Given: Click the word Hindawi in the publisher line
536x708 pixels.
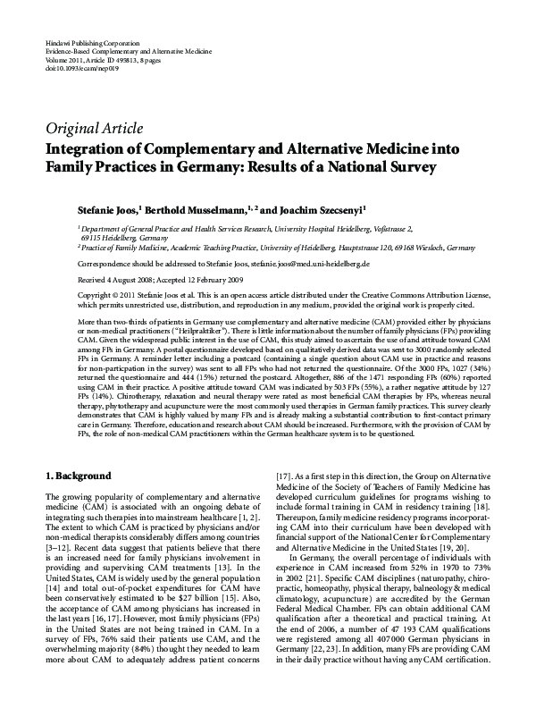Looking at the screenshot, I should pyautogui.click(x=55, y=42).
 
